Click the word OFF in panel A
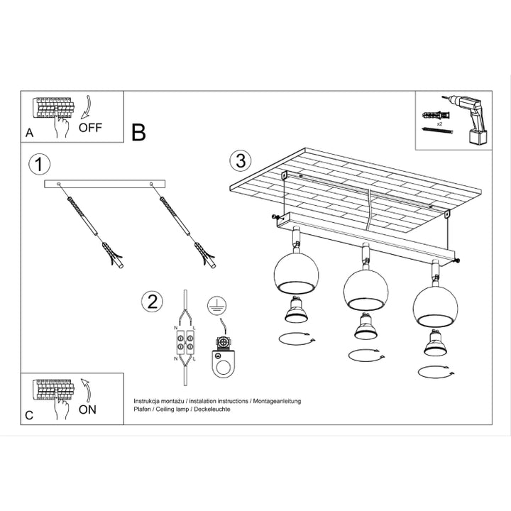coord(90,128)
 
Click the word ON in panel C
coord(88,409)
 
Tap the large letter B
coord(139,132)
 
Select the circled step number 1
coord(40,165)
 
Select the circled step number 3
coord(241,160)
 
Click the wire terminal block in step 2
coord(185,343)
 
